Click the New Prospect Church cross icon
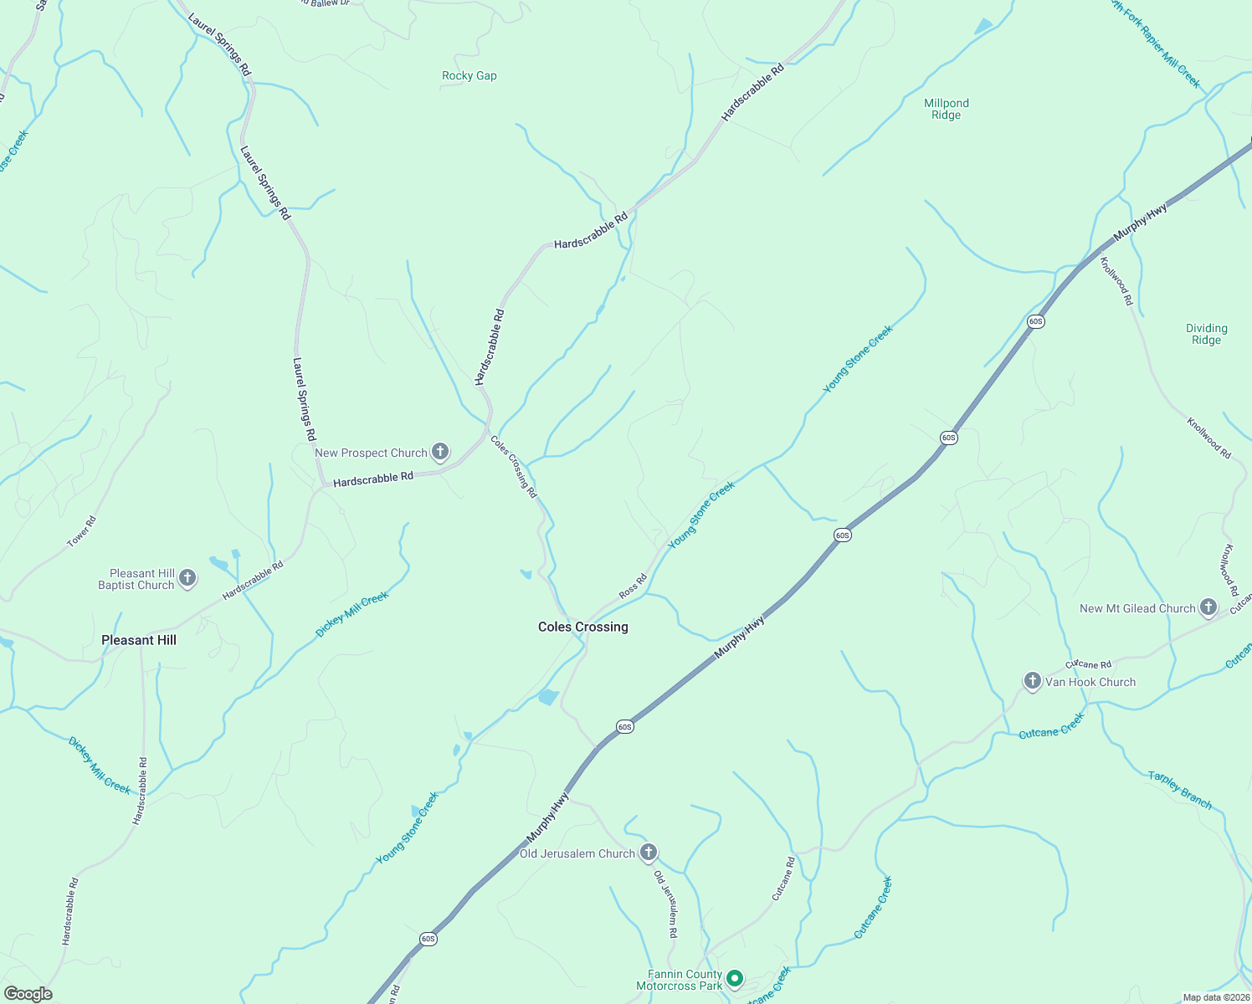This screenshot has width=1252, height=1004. pos(439,453)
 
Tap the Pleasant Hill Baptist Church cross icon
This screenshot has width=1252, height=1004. pos(187,578)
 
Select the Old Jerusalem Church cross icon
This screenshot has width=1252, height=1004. pos(648,853)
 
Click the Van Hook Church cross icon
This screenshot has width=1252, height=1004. pos(1032,680)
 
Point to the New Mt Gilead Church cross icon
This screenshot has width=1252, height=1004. pos(1208,607)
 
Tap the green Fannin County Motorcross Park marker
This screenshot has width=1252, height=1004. pos(734,977)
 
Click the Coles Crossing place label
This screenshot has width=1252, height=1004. pos(582,627)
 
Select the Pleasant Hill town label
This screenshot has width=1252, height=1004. pos(139,640)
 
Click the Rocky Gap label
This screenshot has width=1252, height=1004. pos(469,75)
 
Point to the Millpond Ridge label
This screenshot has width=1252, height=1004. pos(946,109)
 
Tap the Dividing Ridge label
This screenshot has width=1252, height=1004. pos(1206,334)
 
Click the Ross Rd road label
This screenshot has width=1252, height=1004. pos(633,586)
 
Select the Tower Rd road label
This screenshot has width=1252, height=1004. pos(82,532)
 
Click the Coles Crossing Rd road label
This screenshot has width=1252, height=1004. pos(514,466)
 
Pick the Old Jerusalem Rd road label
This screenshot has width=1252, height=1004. pos(665,904)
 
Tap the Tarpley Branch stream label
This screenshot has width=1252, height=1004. pos(1179,789)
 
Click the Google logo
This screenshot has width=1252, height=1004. pos(28,994)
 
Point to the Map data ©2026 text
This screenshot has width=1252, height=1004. pos(1215,997)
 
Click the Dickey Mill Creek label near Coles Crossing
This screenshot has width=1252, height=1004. pos(351,614)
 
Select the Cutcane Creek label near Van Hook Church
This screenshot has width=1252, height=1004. pos(1051,725)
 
